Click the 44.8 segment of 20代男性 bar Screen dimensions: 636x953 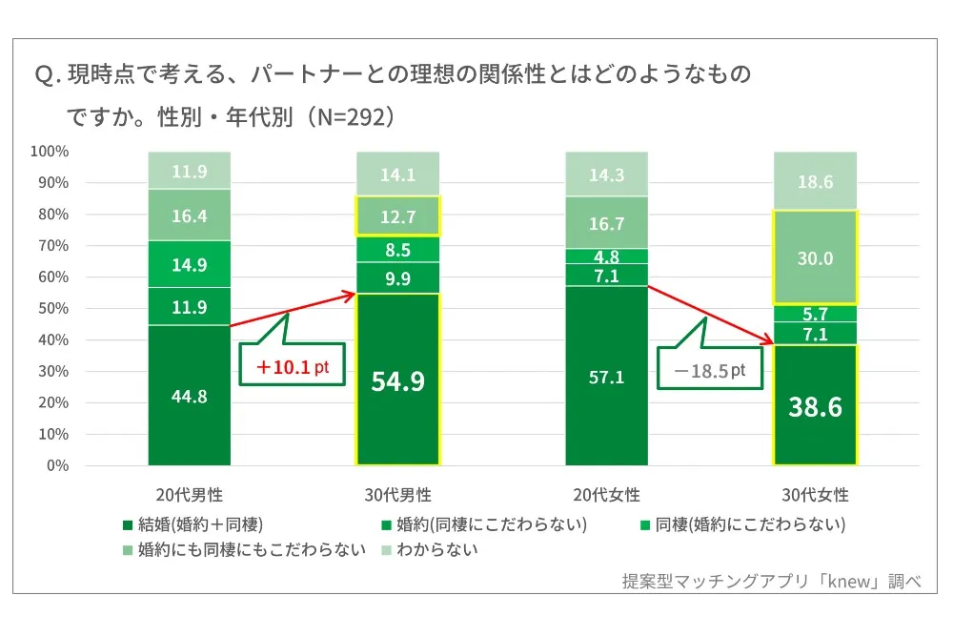tap(189, 396)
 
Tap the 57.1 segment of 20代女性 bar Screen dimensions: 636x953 tap(606, 377)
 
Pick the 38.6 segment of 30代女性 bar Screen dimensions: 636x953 tap(815, 407)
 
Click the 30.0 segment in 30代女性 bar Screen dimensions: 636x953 tap(815, 258)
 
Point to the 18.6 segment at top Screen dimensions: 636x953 tap(815, 182)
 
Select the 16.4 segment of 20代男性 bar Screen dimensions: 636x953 tap(189, 215)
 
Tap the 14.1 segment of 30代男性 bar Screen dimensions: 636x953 tap(397, 174)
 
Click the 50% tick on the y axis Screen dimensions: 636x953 tap(50, 308)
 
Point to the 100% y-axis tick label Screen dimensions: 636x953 tap(48, 152)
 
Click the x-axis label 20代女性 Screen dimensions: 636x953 tap(606, 496)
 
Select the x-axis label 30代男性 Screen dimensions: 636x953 tap(397, 496)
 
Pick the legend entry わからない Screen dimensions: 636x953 tap(436, 549)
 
